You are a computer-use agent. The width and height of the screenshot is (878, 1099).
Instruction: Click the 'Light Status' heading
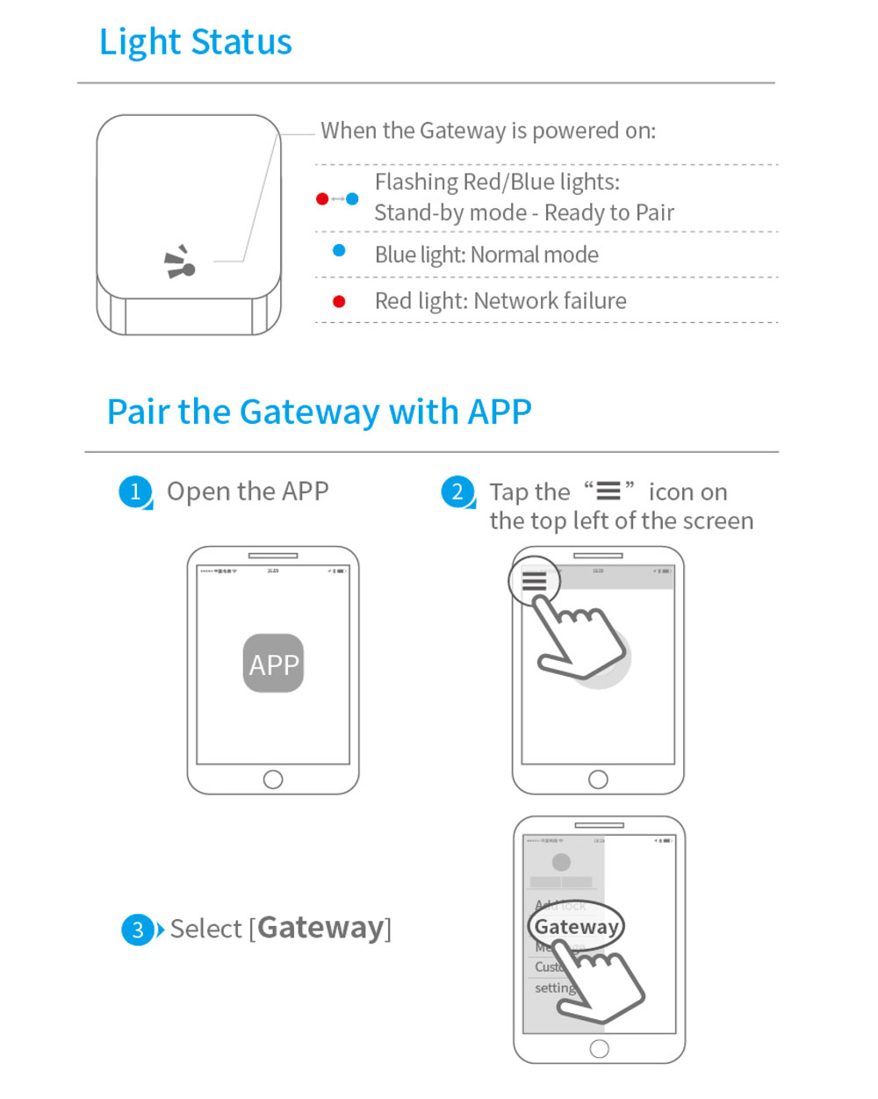point(195,42)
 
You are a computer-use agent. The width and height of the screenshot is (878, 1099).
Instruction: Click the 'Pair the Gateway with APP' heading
point(319,412)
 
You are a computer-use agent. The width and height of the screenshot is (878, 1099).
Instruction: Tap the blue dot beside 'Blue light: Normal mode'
point(339,251)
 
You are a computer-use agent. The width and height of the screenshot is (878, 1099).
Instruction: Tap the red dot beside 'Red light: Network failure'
point(339,302)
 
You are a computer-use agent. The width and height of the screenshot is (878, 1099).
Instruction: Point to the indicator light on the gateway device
point(187,269)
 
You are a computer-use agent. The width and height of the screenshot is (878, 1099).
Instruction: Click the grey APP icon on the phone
point(273,664)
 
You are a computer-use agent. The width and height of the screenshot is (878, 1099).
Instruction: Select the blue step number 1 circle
point(135,492)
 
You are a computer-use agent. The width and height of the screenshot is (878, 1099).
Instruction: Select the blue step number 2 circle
point(457,492)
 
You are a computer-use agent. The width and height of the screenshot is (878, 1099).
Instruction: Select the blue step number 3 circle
point(138,930)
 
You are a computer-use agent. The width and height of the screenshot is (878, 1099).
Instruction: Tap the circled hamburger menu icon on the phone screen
point(534,581)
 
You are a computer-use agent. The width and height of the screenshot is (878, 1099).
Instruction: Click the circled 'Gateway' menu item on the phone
point(576,927)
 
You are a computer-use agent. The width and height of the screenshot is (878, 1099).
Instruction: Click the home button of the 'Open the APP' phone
point(273,779)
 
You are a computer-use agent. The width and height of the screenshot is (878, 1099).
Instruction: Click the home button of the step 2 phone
point(598,779)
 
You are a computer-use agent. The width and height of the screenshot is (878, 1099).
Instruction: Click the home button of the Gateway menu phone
point(600,1048)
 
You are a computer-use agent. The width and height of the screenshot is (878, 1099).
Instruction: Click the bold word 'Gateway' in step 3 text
point(321,928)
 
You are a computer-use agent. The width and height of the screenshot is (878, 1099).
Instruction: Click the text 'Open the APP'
point(248,492)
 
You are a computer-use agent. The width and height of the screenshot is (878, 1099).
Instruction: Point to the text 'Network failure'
point(550,301)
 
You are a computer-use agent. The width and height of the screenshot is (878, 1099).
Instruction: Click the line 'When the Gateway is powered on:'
point(488,131)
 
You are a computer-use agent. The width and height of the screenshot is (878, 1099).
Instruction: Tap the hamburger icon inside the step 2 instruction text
point(608,491)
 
